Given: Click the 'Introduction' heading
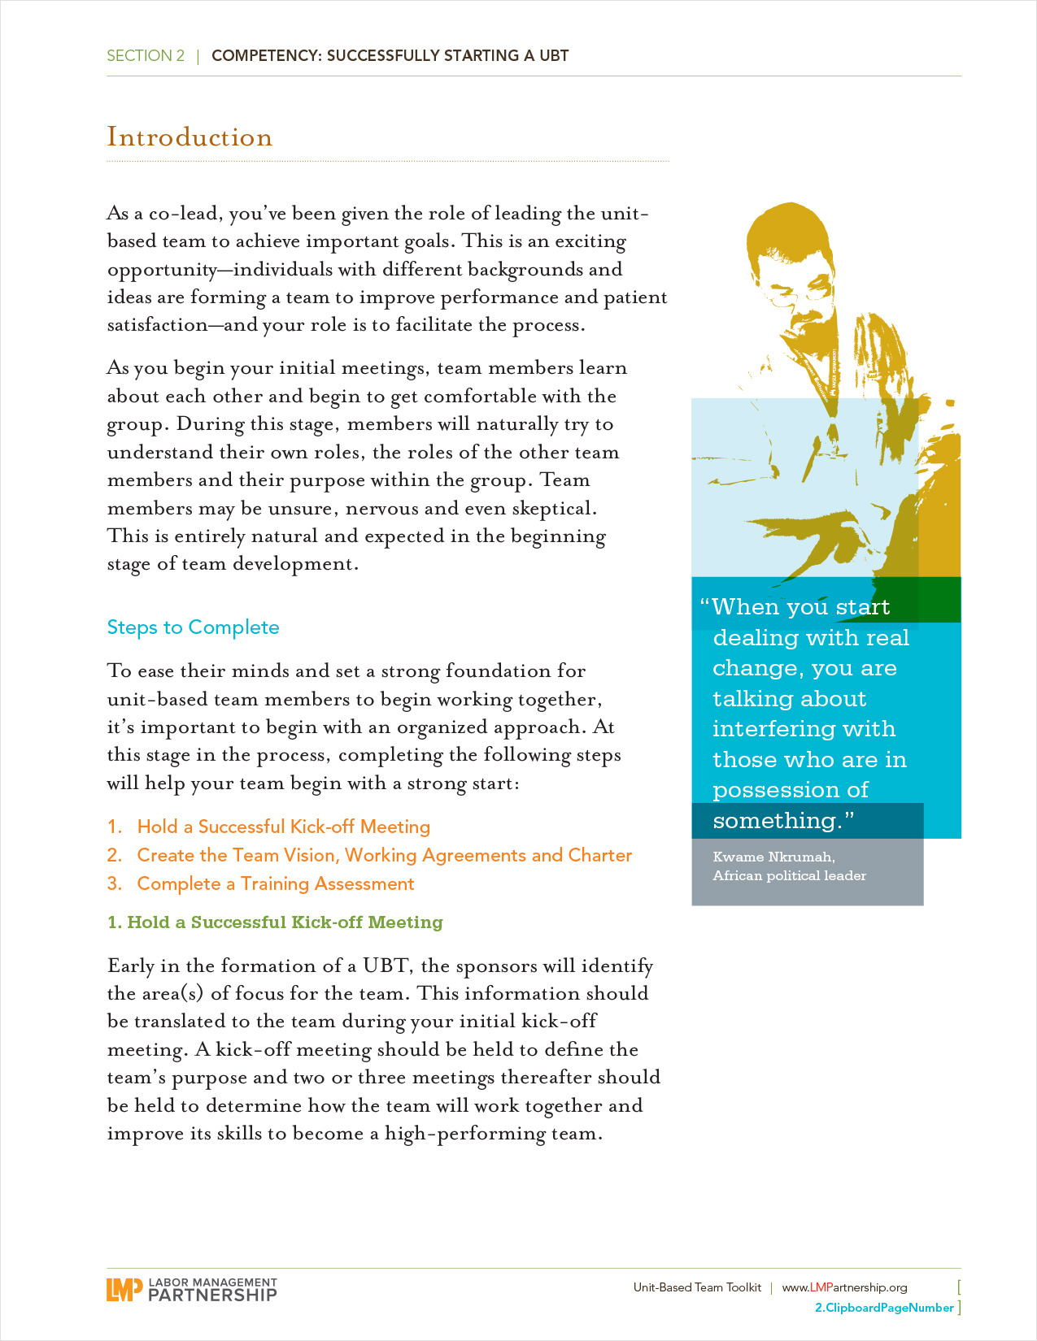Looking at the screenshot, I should click(190, 137).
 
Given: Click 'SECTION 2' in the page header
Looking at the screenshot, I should click(146, 56).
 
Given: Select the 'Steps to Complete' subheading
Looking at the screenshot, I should click(193, 627).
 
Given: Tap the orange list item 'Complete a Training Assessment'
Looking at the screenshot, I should click(275, 883).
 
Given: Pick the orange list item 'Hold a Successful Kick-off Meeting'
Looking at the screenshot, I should click(283, 827).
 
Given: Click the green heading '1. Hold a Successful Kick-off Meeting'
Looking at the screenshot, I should click(276, 922).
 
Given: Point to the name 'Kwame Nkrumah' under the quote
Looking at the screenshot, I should click(773, 857).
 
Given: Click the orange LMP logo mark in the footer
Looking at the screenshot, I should click(124, 1289).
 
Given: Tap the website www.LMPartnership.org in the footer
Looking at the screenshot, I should click(844, 1287).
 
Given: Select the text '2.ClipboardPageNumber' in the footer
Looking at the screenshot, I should click(884, 1308).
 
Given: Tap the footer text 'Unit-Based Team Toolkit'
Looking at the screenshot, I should click(697, 1287).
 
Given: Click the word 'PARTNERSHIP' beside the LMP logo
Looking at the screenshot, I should click(212, 1295).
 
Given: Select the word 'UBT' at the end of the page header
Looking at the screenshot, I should click(554, 56).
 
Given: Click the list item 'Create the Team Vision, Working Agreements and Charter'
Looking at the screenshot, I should click(384, 855).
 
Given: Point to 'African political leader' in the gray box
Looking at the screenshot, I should click(789, 875).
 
